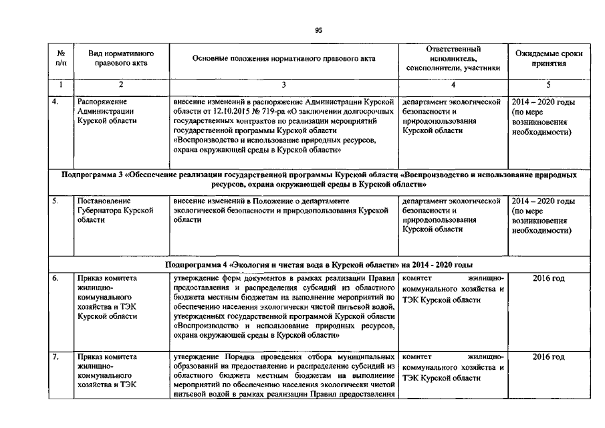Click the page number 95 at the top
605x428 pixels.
click(318, 29)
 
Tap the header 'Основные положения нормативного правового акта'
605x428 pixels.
click(283, 59)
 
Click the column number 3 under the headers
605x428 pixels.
click(283, 85)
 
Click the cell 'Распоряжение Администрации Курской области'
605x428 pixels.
click(108, 112)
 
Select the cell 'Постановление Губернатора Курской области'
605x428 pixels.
click(111, 210)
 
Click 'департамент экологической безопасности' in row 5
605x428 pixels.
click(452, 205)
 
